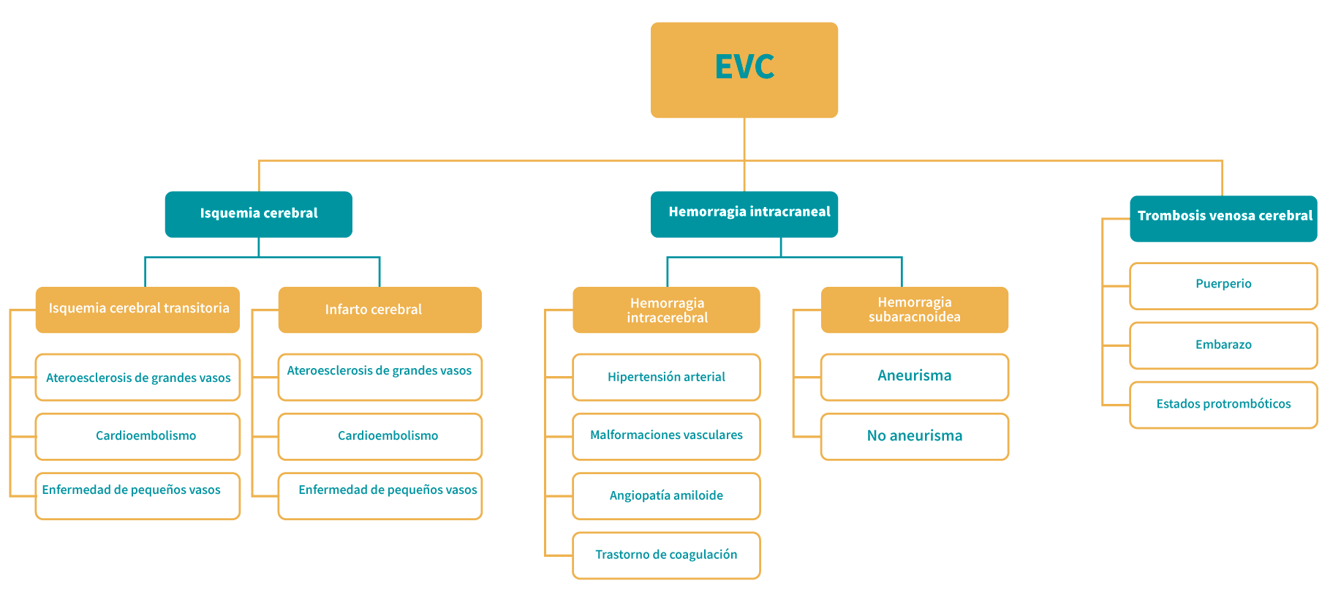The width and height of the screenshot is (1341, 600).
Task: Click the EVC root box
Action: point(744,70)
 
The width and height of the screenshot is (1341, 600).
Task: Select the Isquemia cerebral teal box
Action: point(258,214)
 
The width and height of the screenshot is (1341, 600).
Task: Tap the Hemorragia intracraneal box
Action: point(744,214)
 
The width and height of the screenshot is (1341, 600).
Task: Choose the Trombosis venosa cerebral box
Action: point(1223,217)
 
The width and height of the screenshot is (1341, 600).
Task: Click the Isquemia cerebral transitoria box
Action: point(137,310)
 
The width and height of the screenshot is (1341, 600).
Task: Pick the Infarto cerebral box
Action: point(379,310)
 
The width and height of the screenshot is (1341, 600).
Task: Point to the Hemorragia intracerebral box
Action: point(666,310)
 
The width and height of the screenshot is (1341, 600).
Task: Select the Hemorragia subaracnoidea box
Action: point(914,310)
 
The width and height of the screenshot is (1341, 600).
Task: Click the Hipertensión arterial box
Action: point(666,377)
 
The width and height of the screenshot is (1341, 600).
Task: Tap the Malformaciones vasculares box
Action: point(666,436)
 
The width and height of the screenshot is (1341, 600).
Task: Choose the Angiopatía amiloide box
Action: point(666,495)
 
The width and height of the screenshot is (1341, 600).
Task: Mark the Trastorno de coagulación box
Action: point(666,555)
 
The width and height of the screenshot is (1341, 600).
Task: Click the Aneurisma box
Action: point(914,377)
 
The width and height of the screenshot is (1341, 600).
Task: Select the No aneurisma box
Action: point(914,436)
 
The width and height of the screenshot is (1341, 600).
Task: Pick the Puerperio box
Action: point(1223,285)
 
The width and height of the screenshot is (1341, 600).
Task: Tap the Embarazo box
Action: point(1223,345)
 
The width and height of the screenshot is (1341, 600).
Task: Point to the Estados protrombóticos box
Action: point(1223,404)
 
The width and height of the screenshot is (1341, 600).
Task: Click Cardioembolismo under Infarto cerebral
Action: point(379,436)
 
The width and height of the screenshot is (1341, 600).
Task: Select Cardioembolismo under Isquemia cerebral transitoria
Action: point(137,436)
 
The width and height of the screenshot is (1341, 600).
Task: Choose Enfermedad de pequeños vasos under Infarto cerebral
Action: point(379,495)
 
